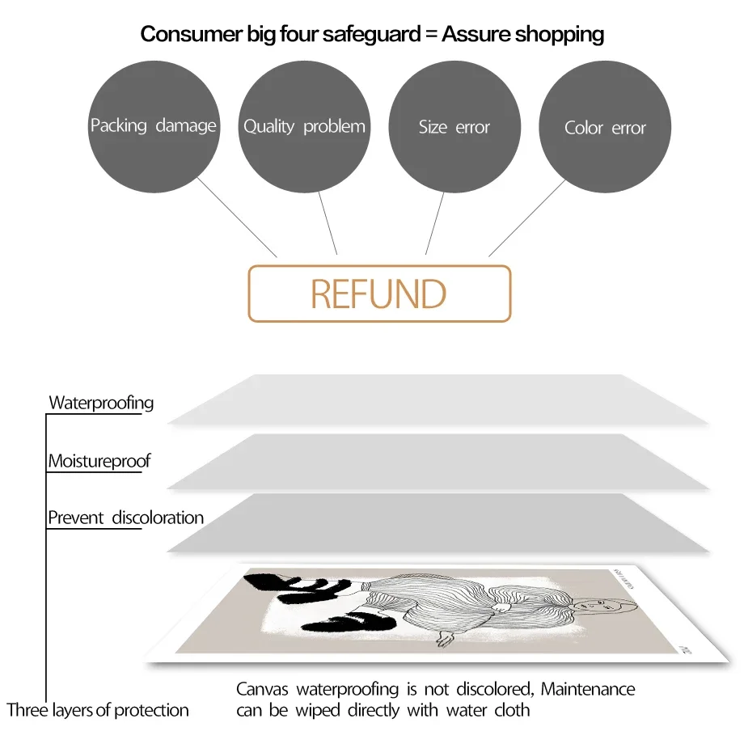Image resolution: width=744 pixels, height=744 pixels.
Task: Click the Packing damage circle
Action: point(153,126)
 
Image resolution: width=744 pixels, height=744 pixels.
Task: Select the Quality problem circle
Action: point(304,126)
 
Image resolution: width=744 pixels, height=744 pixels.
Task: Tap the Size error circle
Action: point(454,126)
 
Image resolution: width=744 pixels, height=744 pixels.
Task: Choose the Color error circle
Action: point(605,128)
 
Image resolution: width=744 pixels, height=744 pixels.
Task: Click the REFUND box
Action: point(379,294)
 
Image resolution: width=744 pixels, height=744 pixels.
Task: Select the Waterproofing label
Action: point(101,402)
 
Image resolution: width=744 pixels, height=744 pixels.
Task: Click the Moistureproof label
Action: point(99,461)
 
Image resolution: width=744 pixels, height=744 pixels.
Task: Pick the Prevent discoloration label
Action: point(125,518)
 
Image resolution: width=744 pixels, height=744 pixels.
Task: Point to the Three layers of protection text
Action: point(98,710)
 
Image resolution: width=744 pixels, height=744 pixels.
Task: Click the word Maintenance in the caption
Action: point(588,690)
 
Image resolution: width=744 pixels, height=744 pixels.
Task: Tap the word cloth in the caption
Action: point(512,710)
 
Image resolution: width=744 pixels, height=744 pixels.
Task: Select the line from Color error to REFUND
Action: point(526,217)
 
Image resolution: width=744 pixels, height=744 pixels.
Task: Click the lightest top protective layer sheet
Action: point(437,400)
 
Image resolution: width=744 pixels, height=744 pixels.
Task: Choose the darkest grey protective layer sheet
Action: point(437,523)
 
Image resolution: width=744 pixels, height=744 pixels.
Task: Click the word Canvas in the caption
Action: point(262,690)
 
